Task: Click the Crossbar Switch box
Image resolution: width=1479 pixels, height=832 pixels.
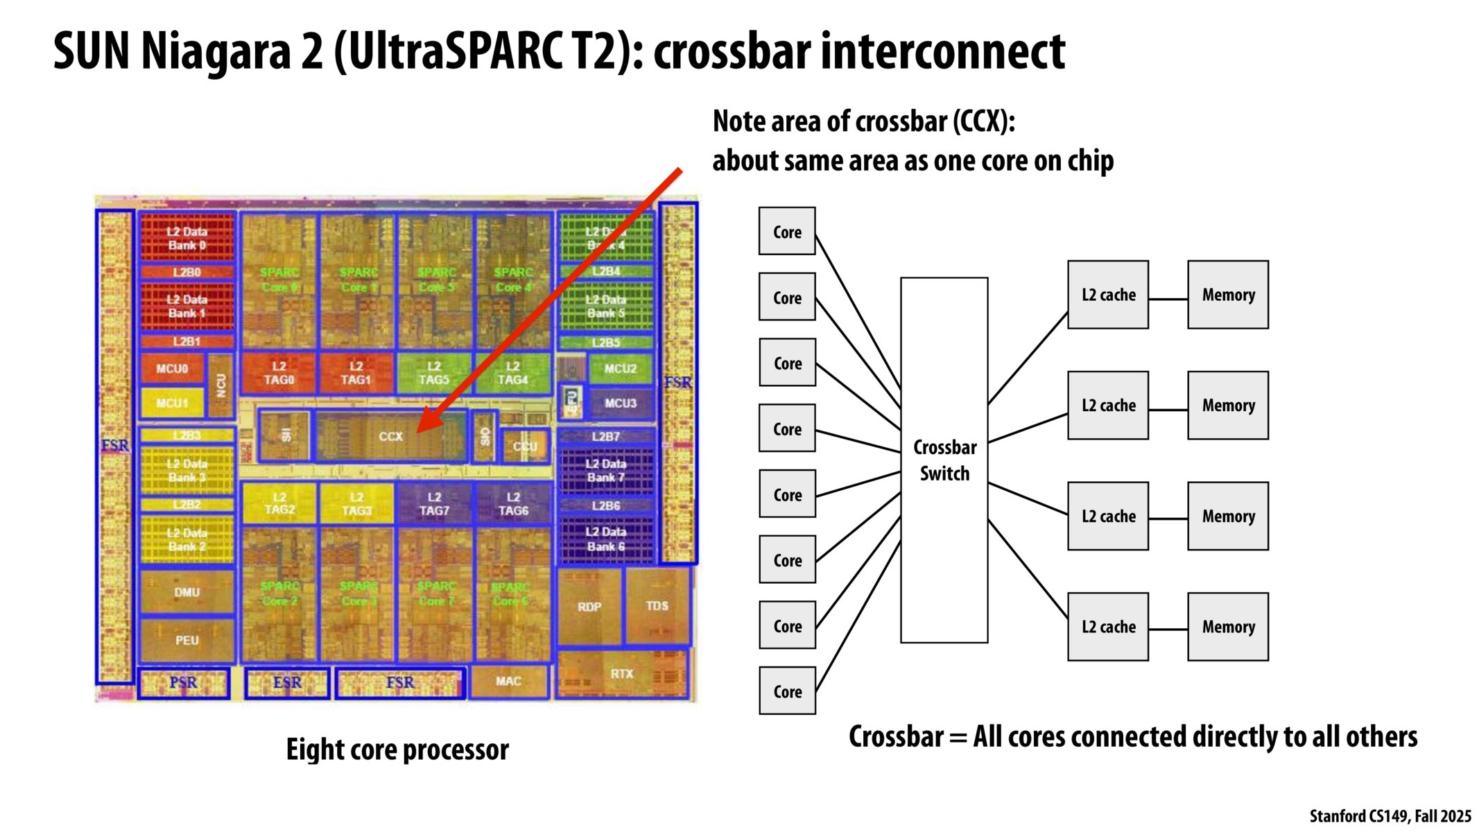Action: pos(944,460)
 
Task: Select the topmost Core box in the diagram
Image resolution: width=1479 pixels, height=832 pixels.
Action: pos(787,232)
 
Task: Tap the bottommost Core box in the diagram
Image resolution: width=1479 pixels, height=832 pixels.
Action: pos(787,691)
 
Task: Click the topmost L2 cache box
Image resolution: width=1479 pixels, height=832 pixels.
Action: pos(1107,295)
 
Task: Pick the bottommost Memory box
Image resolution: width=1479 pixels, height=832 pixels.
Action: pos(1227,627)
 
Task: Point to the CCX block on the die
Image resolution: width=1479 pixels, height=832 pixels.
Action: pos(390,436)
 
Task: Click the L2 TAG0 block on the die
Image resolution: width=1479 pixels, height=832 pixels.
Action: pos(279,373)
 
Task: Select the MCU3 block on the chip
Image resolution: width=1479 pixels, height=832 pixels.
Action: pos(620,403)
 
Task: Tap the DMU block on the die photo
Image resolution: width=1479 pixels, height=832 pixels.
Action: pos(187,592)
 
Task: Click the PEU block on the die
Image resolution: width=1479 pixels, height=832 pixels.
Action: pos(187,640)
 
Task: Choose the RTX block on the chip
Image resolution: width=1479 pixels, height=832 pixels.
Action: pos(622,673)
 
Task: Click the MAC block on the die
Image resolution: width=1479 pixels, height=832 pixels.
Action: pos(508,682)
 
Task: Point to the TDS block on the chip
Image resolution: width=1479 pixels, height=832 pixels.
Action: pos(657,606)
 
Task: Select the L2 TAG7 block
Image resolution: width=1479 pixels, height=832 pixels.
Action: pos(434,504)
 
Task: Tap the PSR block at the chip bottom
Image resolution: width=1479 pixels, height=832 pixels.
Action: pos(183,683)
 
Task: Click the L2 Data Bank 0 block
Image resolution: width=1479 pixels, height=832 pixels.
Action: pos(187,238)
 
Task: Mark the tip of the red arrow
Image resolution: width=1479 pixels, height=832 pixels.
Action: pos(418,432)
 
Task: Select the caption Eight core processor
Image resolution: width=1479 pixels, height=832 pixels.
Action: pos(397,749)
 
